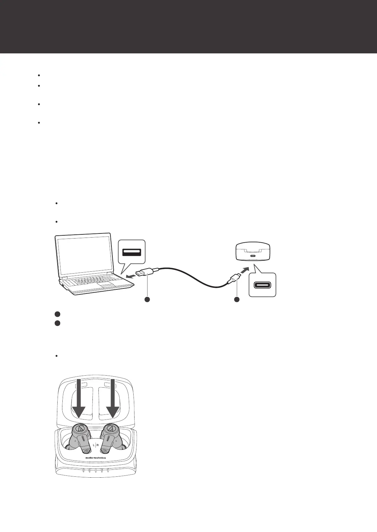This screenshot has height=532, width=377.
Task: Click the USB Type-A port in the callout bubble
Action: click(131, 252)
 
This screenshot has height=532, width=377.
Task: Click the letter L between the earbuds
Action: click(94, 445)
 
